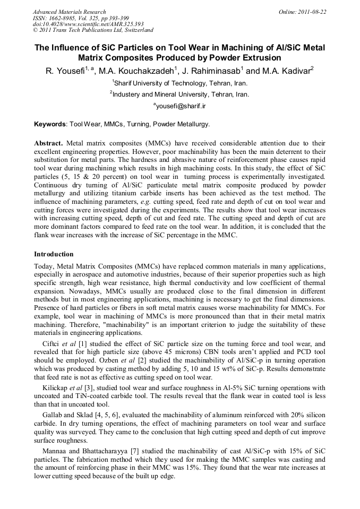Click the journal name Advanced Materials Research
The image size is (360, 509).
click(x=69, y=12)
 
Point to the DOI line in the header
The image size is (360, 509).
click(x=88, y=24)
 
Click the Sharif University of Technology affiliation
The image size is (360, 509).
click(x=180, y=83)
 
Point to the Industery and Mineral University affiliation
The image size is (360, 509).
click(x=180, y=94)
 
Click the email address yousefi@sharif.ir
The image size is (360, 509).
click(x=181, y=106)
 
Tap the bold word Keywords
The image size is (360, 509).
click(x=50, y=125)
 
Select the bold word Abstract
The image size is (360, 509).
click(x=49, y=144)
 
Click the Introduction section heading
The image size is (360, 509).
click(x=54, y=254)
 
